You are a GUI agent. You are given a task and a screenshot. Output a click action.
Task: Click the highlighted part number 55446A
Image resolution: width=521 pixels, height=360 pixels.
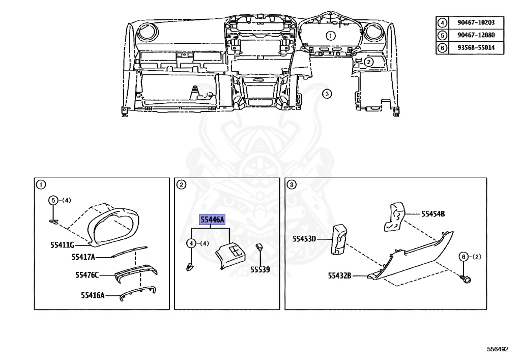click(x=212, y=220)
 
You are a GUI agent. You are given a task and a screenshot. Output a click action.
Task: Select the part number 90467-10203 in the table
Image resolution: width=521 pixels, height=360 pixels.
click(x=476, y=22)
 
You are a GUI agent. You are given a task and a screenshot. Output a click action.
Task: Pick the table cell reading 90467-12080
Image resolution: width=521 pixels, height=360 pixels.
click(x=476, y=35)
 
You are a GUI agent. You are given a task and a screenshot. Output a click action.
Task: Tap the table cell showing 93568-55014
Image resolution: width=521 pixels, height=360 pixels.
click(x=476, y=47)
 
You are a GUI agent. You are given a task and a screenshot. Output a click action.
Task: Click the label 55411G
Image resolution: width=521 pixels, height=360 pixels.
click(x=62, y=245)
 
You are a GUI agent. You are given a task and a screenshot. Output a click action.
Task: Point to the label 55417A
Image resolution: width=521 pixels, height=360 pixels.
click(x=83, y=257)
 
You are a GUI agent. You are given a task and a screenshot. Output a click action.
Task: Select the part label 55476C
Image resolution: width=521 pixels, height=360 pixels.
click(x=87, y=275)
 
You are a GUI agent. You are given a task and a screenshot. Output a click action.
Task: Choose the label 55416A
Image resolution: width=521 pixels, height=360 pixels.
click(x=93, y=295)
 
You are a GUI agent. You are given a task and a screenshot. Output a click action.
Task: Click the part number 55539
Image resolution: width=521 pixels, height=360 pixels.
click(x=260, y=269)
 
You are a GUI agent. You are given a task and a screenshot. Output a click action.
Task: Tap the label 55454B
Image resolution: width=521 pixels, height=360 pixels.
click(x=433, y=214)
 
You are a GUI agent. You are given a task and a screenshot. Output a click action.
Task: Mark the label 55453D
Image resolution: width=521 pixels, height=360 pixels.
click(x=304, y=239)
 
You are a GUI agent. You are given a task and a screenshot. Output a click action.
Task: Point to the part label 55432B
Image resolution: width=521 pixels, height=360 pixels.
click(x=339, y=275)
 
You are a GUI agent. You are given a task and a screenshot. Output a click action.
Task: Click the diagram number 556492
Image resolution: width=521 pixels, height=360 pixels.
click(x=498, y=349)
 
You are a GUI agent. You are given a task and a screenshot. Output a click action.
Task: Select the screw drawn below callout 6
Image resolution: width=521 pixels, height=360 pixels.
click(x=466, y=279)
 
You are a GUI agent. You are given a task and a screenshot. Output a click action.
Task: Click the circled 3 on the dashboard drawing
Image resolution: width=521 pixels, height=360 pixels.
click(x=327, y=94)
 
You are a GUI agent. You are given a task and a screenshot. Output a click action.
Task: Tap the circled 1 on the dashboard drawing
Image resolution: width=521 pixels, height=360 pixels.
click(x=330, y=36)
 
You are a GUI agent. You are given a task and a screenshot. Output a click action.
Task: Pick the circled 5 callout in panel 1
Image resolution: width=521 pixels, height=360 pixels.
click(x=53, y=201)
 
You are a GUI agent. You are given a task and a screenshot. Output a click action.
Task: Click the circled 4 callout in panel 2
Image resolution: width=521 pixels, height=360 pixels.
click(x=191, y=243)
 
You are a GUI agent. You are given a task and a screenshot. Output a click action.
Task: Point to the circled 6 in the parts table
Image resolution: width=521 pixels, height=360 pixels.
click(x=442, y=47)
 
